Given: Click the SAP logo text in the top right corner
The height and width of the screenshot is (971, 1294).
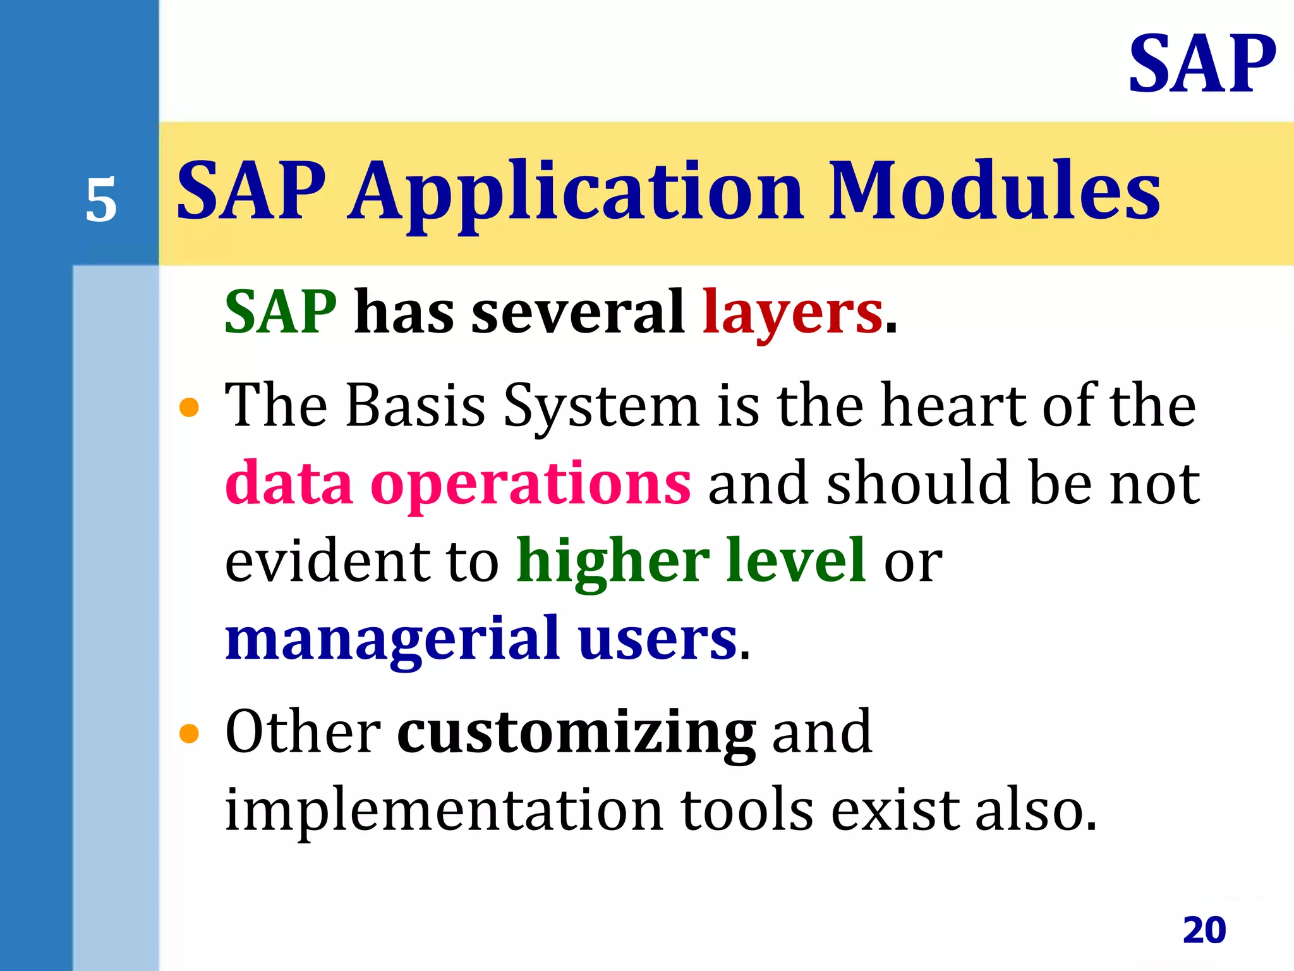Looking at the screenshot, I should point(1202,65).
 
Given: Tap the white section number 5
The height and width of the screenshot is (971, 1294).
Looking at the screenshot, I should point(101,201).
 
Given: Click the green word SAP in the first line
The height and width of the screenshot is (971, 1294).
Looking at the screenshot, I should point(281,312).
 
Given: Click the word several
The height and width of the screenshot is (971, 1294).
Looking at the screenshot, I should point(578,312).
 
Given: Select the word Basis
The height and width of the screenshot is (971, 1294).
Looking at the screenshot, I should point(415,406).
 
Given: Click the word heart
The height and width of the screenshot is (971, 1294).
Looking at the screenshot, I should point(952,406).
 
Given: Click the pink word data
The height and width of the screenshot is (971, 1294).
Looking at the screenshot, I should point(289,484).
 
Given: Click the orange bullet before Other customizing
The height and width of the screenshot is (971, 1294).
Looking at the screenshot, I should point(189,734).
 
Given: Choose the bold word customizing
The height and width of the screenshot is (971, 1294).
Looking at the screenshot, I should point(576,733).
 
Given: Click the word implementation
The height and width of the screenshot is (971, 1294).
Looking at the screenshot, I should point(444,810).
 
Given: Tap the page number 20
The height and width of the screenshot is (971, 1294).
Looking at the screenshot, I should point(1204,930).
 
